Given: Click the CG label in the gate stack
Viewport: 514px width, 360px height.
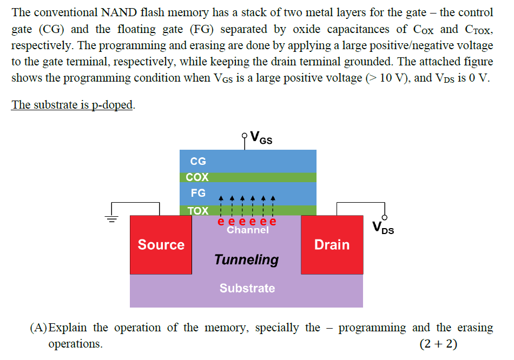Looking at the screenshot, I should [x=198, y=161].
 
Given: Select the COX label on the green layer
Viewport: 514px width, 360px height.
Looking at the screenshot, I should [x=197, y=177].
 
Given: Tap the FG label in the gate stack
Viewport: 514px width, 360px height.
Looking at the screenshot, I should [x=198, y=193].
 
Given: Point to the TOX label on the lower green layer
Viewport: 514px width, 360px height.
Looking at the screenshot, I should [x=197, y=211].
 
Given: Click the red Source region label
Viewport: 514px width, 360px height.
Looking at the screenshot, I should [x=161, y=245].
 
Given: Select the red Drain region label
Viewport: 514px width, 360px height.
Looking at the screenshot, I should [x=332, y=245].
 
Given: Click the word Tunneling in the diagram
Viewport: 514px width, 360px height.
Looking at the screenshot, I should [x=247, y=259].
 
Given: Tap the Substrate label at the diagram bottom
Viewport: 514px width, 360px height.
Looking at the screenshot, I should [x=247, y=288].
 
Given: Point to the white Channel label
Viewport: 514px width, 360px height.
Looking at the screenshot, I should [x=247, y=230].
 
